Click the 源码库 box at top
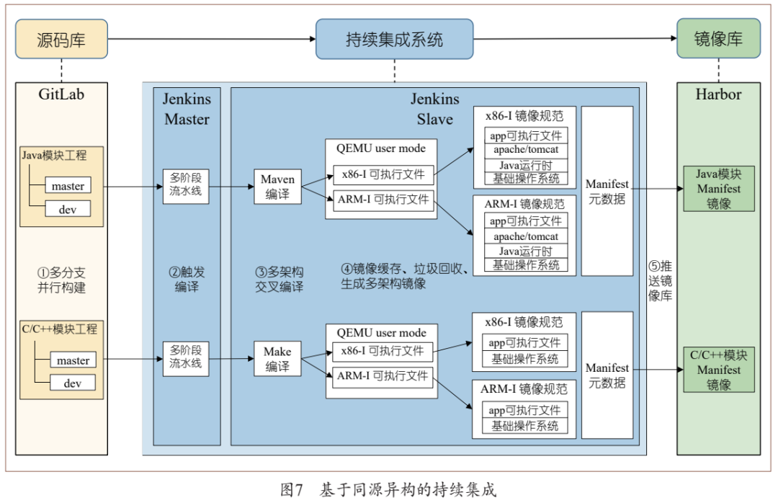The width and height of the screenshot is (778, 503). [61, 39]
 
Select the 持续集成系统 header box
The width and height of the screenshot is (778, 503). [394, 39]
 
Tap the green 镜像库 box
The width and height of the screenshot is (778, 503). [717, 39]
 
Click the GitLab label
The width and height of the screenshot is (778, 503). [61, 94]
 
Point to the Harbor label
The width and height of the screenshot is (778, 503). [717, 94]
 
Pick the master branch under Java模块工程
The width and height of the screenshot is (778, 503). [68, 186]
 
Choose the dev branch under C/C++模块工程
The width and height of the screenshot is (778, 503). [72, 383]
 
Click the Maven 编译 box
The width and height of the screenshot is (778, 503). [277, 187]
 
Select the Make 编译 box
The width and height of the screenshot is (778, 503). [277, 359]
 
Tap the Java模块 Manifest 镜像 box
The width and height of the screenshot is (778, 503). [717, 189]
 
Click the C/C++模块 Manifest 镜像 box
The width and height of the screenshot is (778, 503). [719, 370]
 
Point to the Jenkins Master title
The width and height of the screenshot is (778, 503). [187, 110]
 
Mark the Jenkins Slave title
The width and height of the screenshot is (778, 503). [434, 110]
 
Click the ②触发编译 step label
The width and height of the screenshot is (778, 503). [187, 280]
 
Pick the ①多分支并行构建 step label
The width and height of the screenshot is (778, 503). [61, 280]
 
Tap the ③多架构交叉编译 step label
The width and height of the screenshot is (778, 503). [279, 280]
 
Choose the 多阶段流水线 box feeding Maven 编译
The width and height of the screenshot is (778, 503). [186, 186]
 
